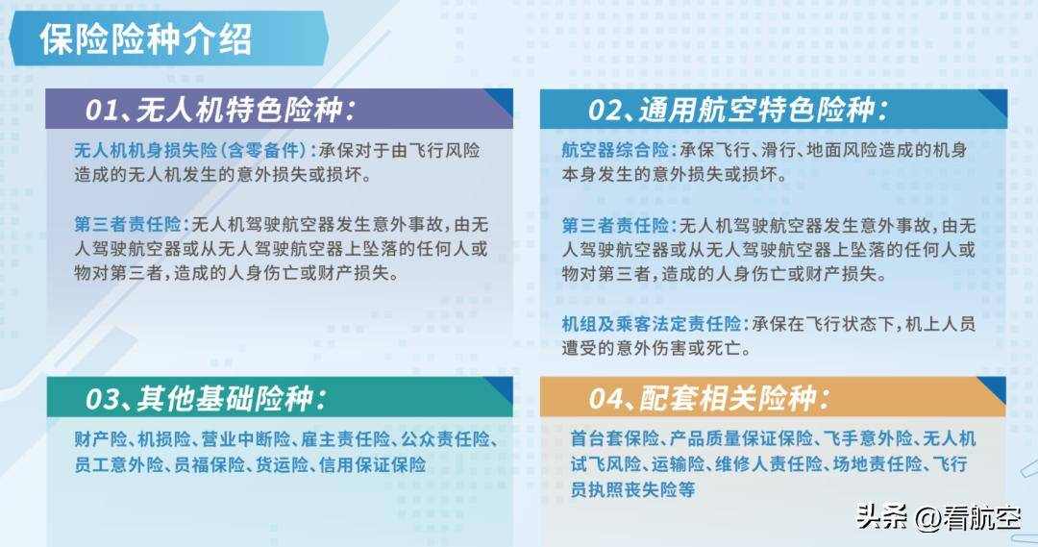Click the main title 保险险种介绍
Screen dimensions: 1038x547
pyautogui.click(x=146, y=39)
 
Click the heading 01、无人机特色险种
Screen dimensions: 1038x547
pyautogui.click(x=220, y=110)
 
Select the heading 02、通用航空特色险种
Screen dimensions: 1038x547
pyautogui.click(x=738, y=110)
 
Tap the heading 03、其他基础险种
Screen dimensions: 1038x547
pyautogui.click(x=206, y=398)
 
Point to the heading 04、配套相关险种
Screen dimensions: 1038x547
pyautogui.click(x=709, y=398)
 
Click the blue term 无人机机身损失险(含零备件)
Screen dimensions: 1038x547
pyautogui.click(x=190, y=150)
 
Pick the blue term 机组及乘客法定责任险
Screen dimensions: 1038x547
pyautogui.click(x=652, y=324)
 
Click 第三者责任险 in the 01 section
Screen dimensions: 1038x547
pyautogui.click(x=128, y=225)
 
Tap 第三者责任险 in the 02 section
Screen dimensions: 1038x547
pyautogui.click(x=615, y=225)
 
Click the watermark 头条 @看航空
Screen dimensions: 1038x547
pyautogui.click(x=939, y=517)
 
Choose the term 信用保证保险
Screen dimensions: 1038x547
pyautogui.click(x=373, y=465)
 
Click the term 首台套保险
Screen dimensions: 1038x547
pyautogui.click(x=615, y=438)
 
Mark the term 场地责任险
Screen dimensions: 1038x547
pyautogui.click(x=877, y=464)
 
